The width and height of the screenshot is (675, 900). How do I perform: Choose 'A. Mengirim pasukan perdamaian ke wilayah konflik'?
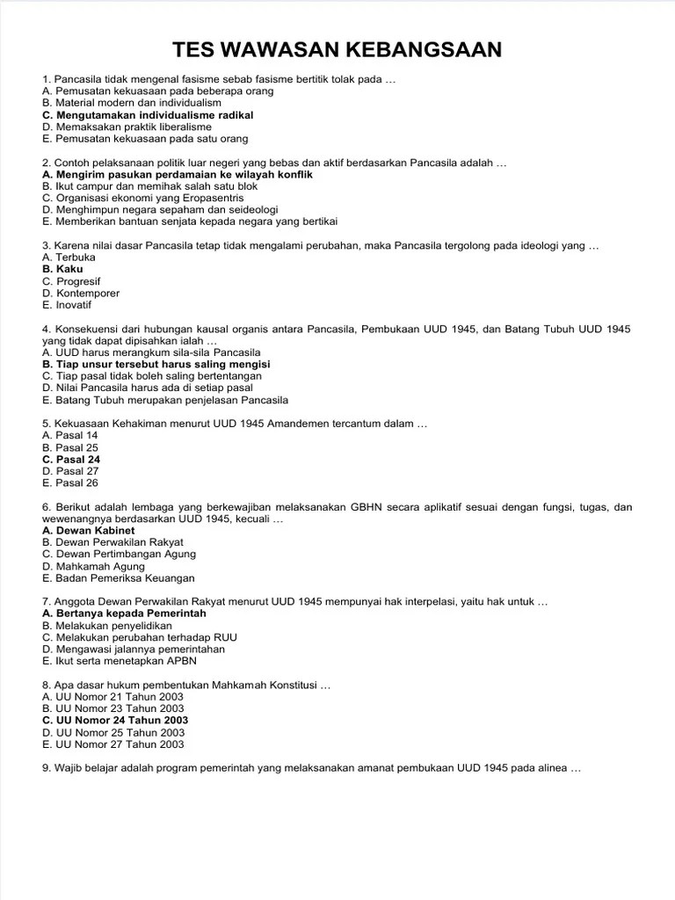click(177, 175)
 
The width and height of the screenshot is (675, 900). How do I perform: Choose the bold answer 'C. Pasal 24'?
click(71, 460)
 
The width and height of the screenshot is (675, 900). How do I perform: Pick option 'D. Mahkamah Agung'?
click(94, 567)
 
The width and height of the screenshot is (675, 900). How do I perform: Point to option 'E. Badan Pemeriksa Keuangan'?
click(118, 578)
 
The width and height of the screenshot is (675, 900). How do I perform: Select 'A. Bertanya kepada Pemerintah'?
click(124, 613)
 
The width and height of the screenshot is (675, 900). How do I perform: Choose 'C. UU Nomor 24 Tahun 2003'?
click(115, 721)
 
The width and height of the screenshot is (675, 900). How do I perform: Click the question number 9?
click(47, 768)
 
